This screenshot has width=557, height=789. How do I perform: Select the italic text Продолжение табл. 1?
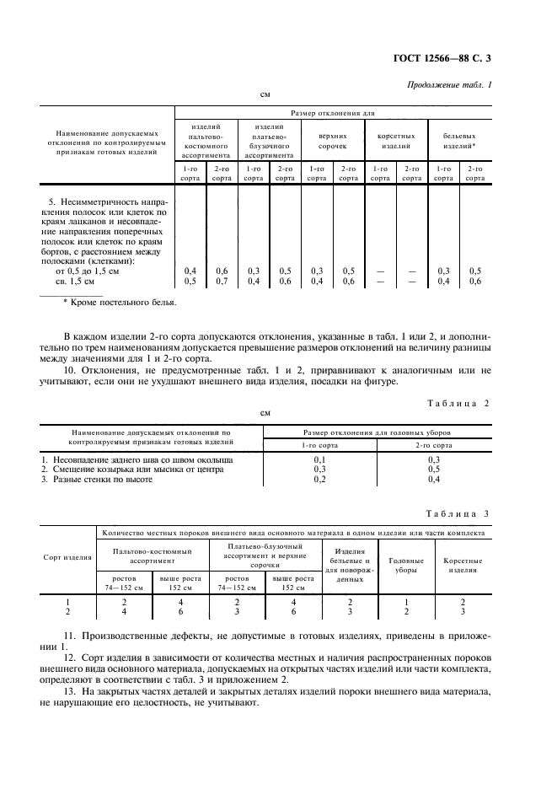pos(452,85)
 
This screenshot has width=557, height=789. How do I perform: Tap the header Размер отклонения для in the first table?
pos(332,112)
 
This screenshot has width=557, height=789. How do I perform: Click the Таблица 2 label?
pos(458,404)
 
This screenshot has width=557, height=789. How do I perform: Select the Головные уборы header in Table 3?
pos(404,565)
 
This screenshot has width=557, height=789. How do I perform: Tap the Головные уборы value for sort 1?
pos(404,602)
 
